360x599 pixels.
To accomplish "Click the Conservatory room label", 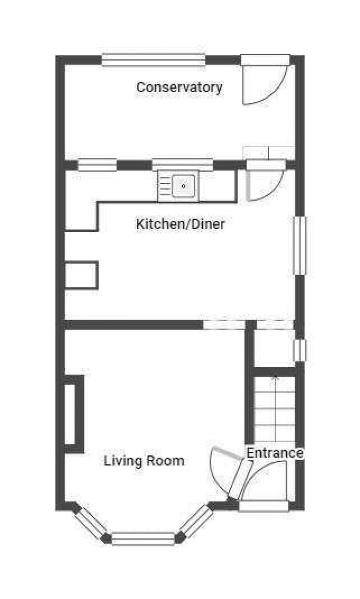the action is tap(179, 88).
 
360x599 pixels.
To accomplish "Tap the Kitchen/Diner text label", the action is tap(180, 223).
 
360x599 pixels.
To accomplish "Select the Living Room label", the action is tap(144, 460).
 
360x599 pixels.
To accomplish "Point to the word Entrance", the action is tap(275, 453).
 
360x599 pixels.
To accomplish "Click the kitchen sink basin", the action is tap(183, 186).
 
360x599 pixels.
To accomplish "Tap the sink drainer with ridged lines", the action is tap(164, 186).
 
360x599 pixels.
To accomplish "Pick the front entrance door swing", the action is tap(264, 474).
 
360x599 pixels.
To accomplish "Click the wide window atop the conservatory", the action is tap(153, 60).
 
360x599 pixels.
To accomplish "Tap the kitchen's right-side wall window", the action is tap(300, 245).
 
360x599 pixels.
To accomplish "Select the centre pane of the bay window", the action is tap(143, 539).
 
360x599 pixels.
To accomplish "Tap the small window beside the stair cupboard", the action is tap(300, 350).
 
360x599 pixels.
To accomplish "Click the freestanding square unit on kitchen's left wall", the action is tap(81, 275).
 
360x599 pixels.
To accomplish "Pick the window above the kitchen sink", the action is tap(183, 165).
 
